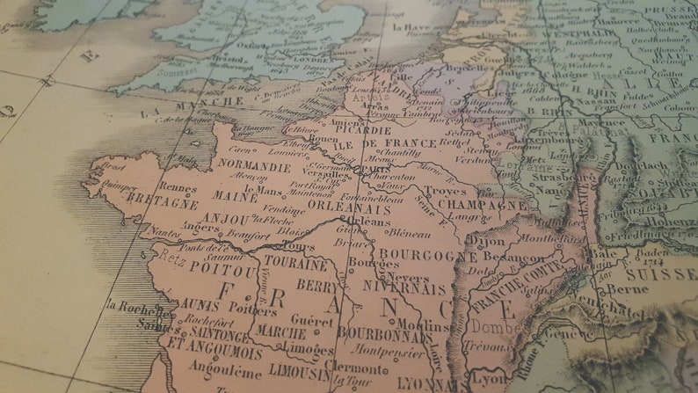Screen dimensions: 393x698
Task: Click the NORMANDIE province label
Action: [254, 165]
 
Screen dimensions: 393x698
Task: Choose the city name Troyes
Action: [445, 190]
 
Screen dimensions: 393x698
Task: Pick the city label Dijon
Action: [485, 239]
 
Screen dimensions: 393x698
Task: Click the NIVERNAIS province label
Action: [404, 287]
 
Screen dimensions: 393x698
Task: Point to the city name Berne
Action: [627, 288]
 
